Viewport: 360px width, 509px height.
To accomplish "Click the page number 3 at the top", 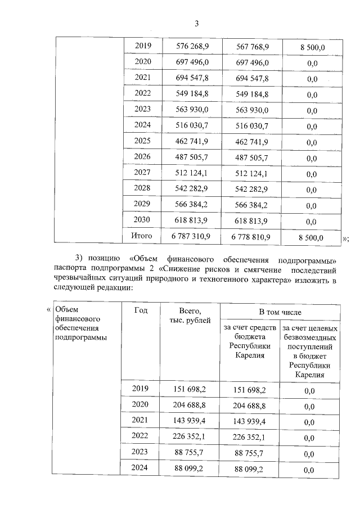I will pyautogui.click(x=197, y=23).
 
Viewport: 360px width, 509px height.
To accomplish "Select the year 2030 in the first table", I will pyautogui.click(x=143, y=221).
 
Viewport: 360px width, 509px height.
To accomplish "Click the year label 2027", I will pyautogui.click(x=143, y=173).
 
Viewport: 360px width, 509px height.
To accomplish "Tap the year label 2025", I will pyautogui.click(x=143, y=141).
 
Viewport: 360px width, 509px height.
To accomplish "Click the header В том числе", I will pyautogui.click(x=280, y=312).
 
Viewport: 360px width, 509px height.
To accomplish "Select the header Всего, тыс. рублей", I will pyautogui.click(x=191, y=315).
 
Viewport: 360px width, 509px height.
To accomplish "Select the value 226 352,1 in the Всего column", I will pyautogui.click(x=192, y=436).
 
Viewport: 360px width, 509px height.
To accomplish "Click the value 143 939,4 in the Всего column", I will pyautogui.click(x=192, y=420).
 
